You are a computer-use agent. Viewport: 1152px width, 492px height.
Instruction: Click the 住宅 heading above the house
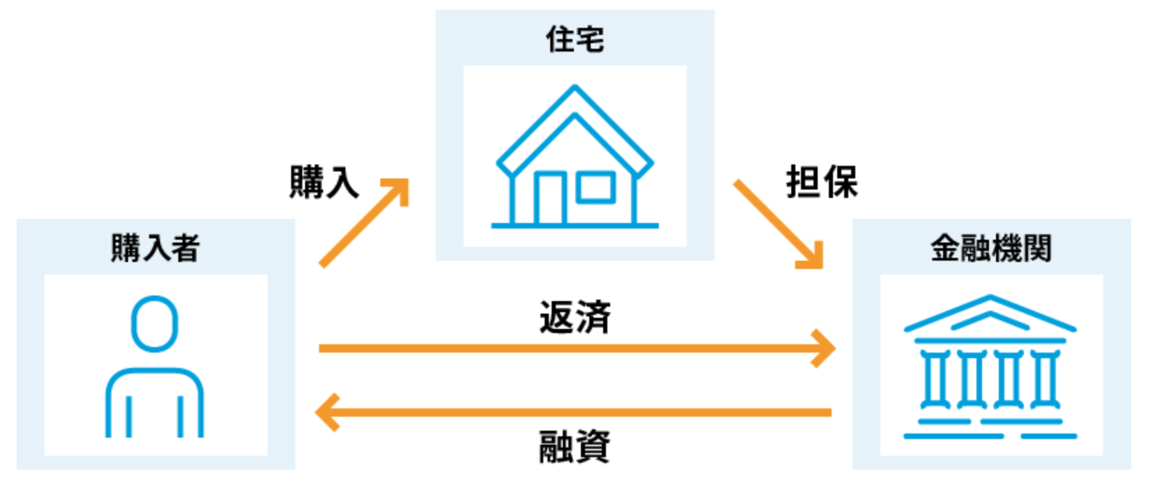[575, 39]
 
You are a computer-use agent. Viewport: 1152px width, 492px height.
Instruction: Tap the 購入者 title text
[155, 248]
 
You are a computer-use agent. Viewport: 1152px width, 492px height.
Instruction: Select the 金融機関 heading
[991, 248]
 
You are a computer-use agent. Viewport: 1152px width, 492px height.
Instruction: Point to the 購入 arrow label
[324, 182]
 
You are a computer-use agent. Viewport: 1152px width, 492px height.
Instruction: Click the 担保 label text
[823, 182]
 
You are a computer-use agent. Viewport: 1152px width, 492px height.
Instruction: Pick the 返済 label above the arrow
[575, 317]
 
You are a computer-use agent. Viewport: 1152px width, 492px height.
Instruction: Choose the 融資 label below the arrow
[575, 447]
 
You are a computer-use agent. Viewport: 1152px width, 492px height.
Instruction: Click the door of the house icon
[550, 199]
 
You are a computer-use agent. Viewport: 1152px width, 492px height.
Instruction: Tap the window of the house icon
[596, 187]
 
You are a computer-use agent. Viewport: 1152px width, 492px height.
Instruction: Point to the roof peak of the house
[575, 88]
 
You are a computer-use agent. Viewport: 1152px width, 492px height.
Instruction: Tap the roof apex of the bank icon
[990, 296]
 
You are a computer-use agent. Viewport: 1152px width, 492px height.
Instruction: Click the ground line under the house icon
[575, 225]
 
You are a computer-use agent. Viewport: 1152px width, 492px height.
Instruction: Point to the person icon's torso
[155, 371]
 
